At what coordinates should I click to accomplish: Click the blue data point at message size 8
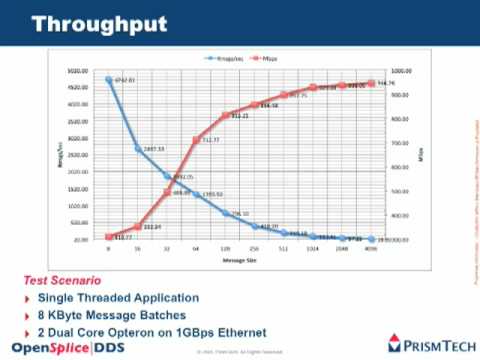pyautogui.click(x=108, y=80)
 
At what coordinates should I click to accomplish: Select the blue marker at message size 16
pyautogui.click(x=138, y=149)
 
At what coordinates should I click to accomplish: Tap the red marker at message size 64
pyautogui.click(x=196, y=140)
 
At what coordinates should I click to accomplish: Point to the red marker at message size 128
pyautogui.click(x=226, y=115)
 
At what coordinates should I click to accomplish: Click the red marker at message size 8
pyautogui.click(x=108, y=237)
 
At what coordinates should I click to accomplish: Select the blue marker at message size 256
pyautogui.click(x=255, y=227)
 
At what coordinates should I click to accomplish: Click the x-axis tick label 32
pyautogui.click(x=167, y=248)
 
